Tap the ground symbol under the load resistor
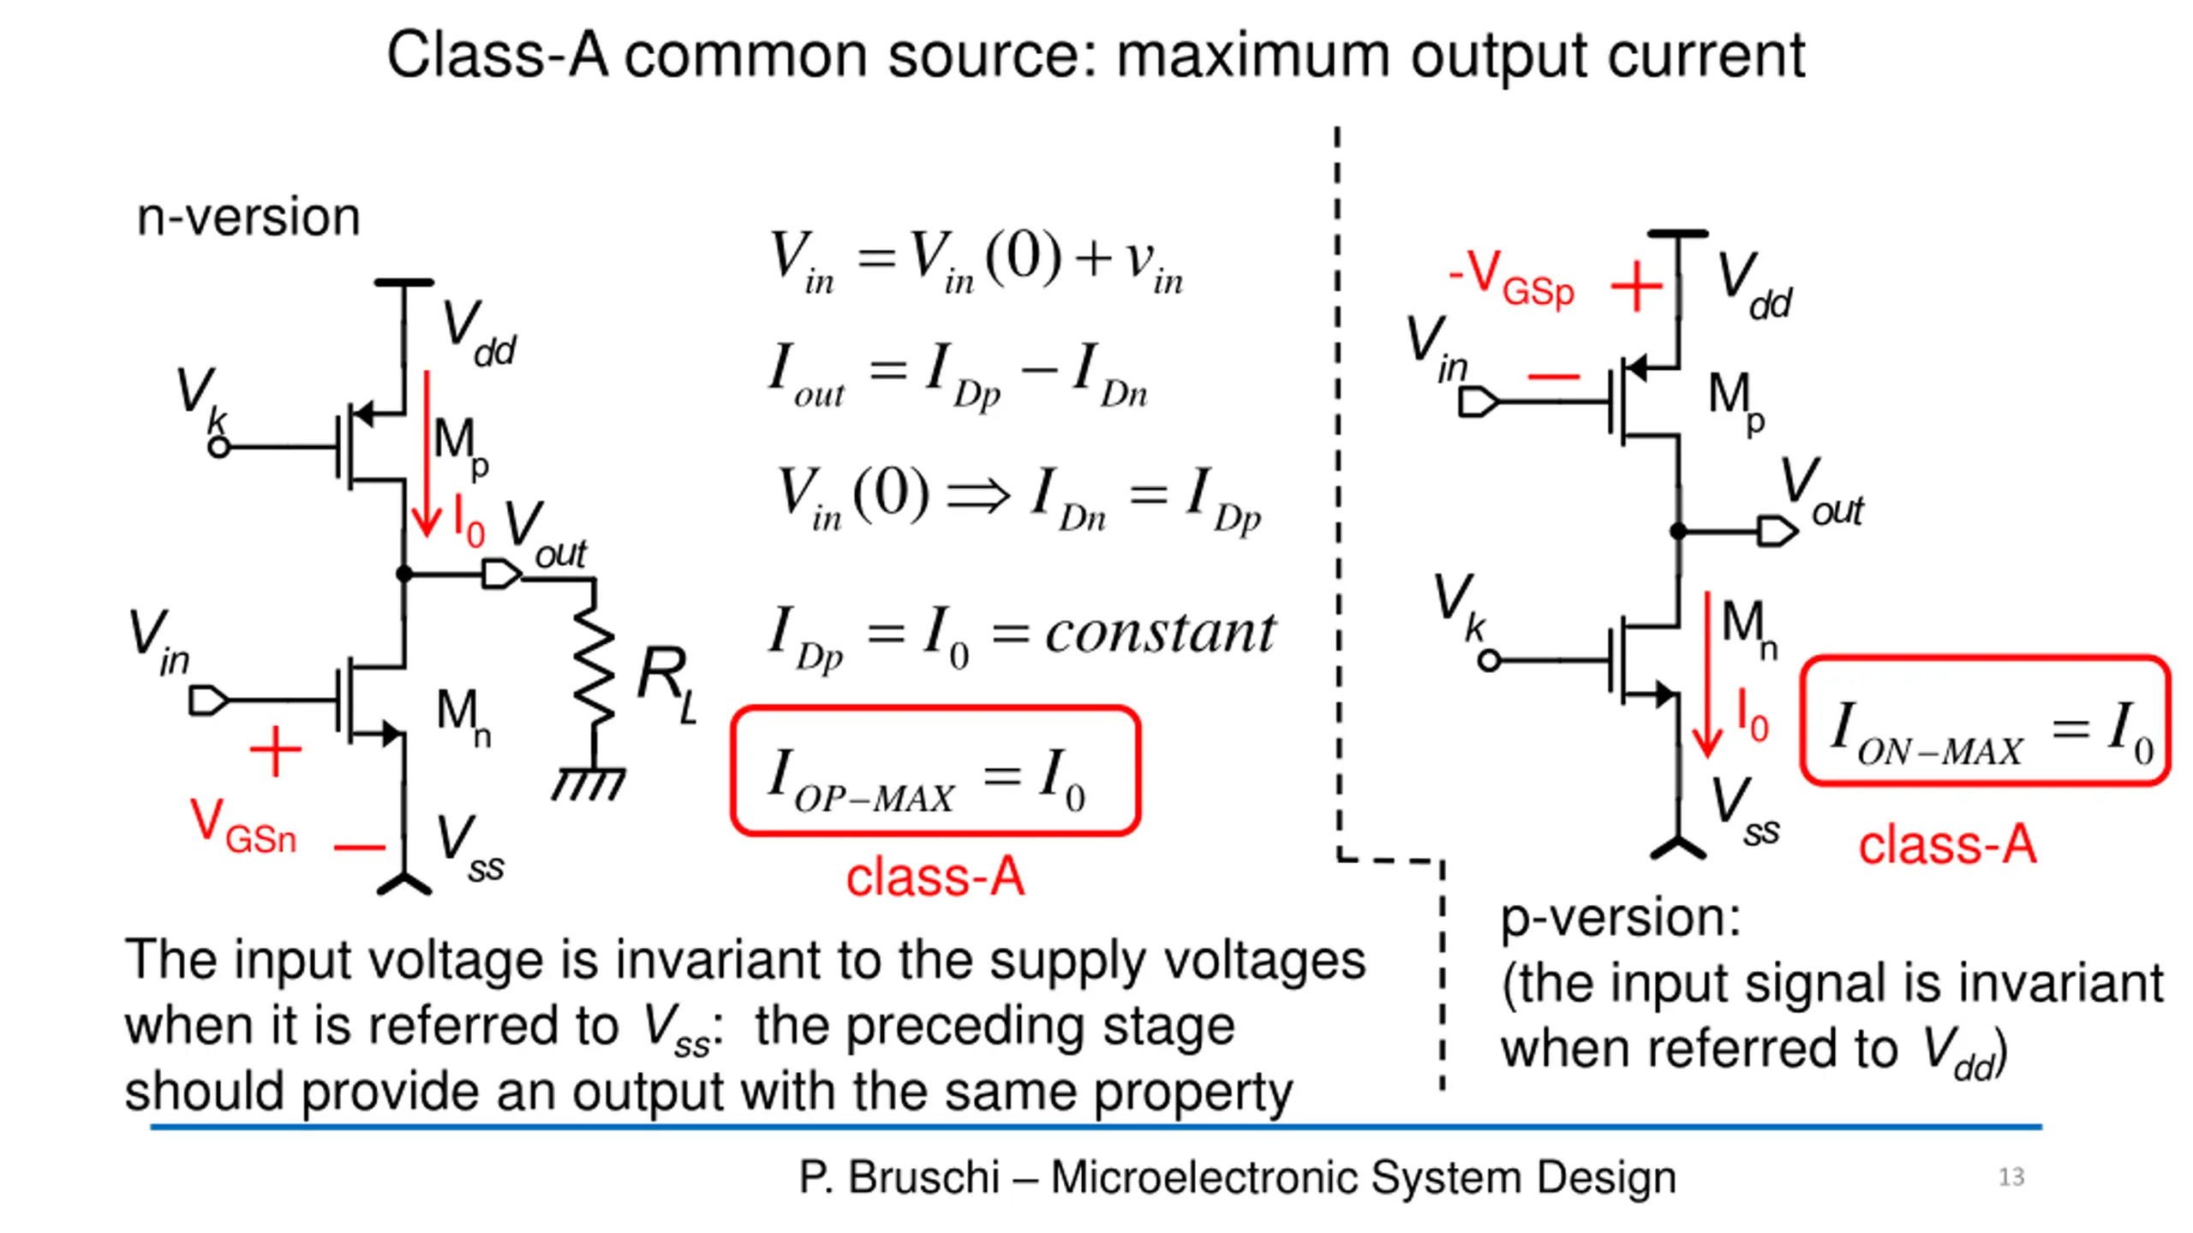pyautogui.click(x=589, y=783)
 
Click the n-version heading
pyautogui.click(x=248, y=217)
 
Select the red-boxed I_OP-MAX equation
pyautogui.click(x=935, y=771)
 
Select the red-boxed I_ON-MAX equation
pyautogui.click(x=1986, y=720)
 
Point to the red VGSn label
pyautogui.click(x=243, y=826)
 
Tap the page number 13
pyautogui.click(x=2011, y=1177)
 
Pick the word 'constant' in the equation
pyautogui.click(x=1160, y=633)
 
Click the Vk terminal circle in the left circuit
pyautogui.click(x=219, y=447)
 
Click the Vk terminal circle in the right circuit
pyautogui.click(x=1490, y=660)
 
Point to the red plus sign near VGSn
pyautogui.click(x=275, y=751)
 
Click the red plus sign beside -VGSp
pyautogui.click(x=1636, y=286)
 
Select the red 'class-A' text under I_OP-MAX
pyautogui.click(x=935, y=878)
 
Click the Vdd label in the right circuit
pyautogui.click(x=1754, y=286)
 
